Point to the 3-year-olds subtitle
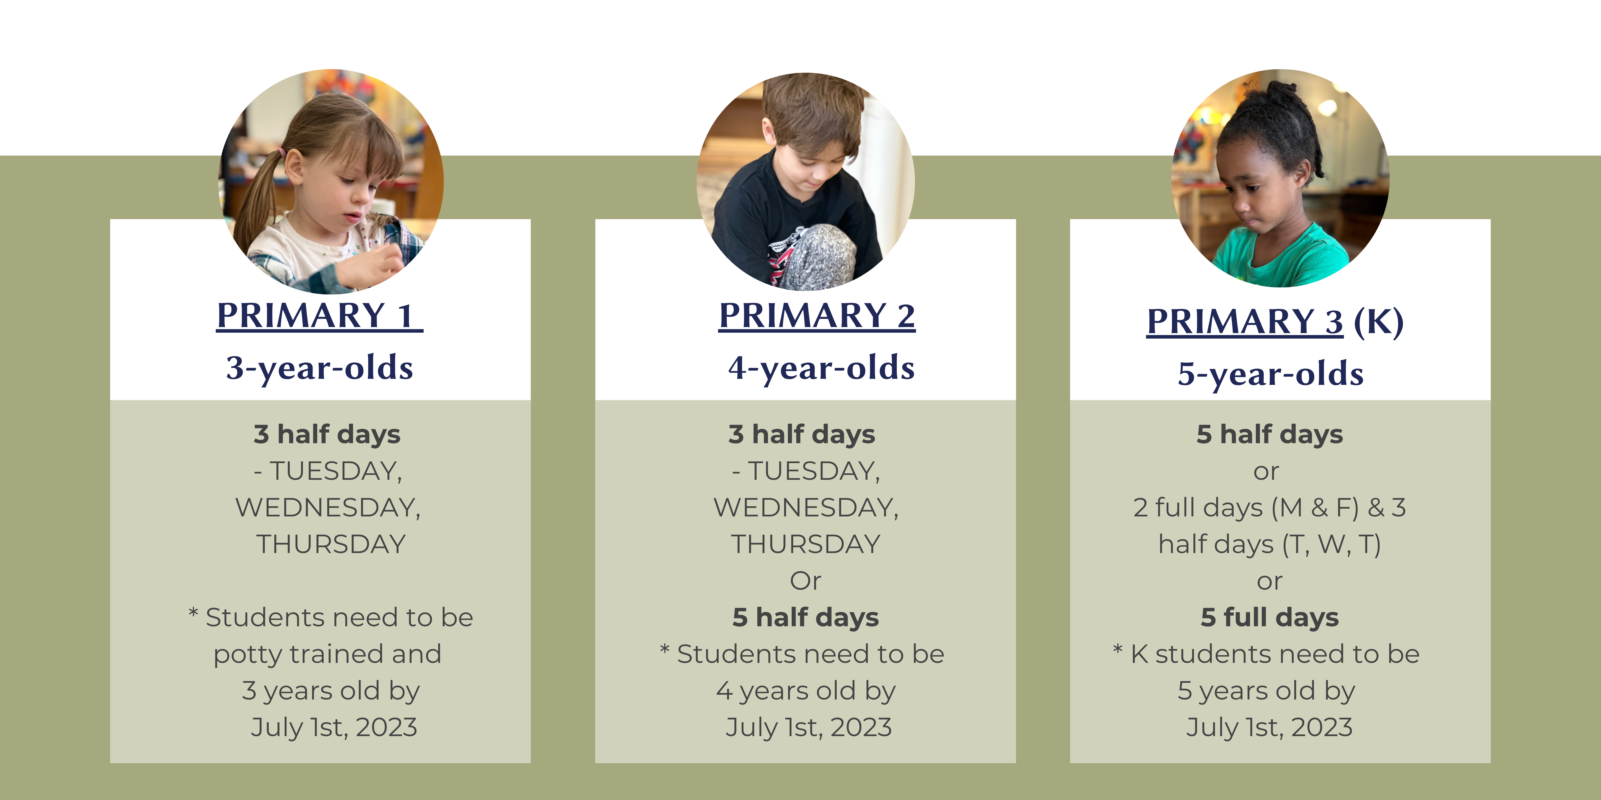319,368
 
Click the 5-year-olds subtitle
1270,373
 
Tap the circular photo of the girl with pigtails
331,181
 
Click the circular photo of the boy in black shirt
806,181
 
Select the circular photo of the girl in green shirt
1280,178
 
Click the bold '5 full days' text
1270,617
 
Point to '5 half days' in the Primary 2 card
806,617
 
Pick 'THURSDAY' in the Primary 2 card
806,545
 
